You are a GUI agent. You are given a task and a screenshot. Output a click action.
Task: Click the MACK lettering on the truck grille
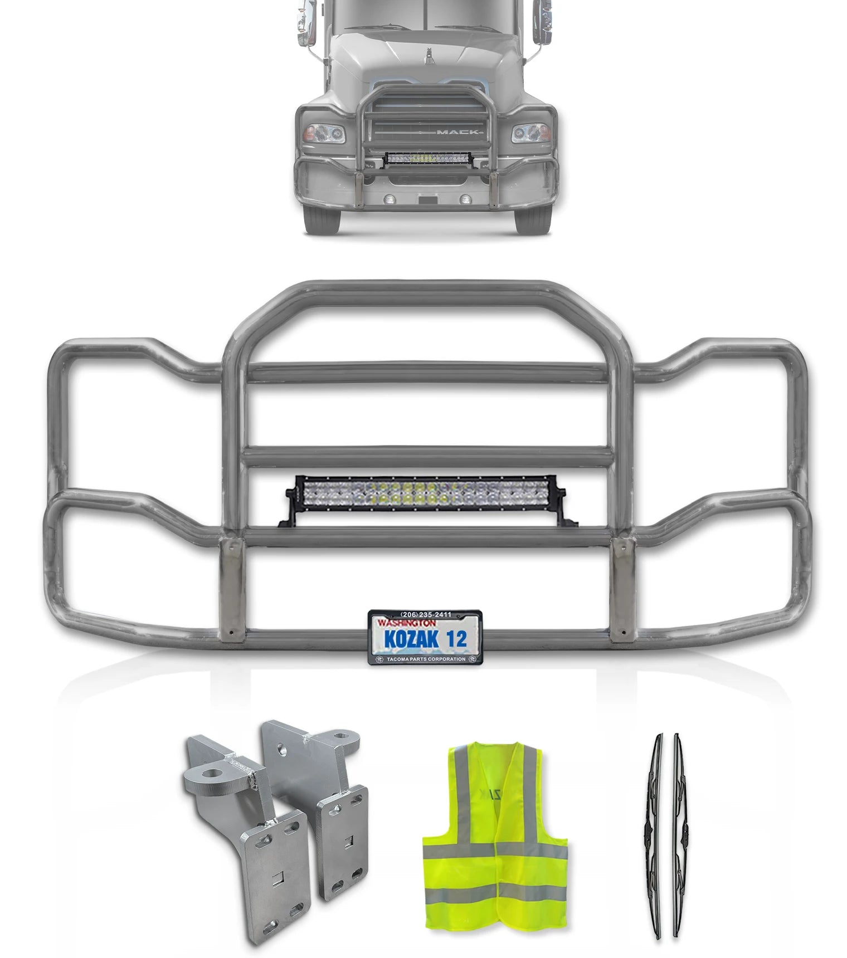(457, 132)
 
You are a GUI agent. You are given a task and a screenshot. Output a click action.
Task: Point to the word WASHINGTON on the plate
(407, 623)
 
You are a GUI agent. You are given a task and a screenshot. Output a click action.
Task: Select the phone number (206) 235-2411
(426, 615)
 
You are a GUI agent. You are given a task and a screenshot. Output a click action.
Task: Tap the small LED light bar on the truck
(428, 159)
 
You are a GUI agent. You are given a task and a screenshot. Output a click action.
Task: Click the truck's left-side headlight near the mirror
(324, 134)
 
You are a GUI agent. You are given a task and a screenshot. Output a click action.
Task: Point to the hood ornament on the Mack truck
(430, 55)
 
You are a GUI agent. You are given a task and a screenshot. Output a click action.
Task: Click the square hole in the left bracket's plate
(278, 879)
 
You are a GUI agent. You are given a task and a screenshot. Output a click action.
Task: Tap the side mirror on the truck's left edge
(306, 22)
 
